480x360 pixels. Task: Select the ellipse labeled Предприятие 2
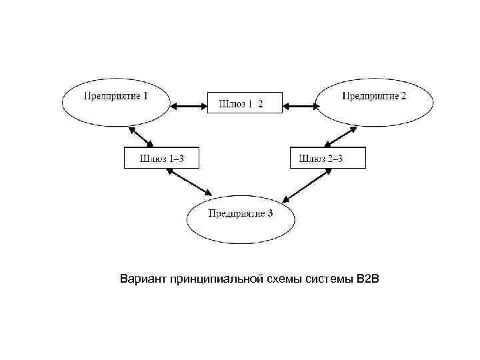375,103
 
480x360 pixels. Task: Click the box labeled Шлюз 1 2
240,103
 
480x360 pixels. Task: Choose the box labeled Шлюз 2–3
328,158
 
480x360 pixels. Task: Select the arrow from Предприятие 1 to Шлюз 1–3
141,136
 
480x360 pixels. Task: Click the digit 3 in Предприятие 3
270,213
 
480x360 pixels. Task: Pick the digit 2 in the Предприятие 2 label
403,96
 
